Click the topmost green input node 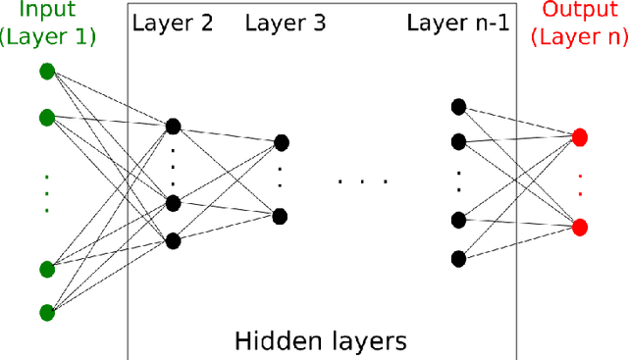pos(46,72)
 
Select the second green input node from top pos(46,117)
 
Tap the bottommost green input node pos(46,312)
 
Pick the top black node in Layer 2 pos(174,126)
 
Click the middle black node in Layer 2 pos(174,203)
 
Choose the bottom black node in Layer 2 pos(174,240)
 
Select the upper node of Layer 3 pos(282,143)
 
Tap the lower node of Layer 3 pos(282,216)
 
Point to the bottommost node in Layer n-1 pos(457,259)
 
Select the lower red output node pos(580,227)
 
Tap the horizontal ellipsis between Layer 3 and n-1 pos(363,181)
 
